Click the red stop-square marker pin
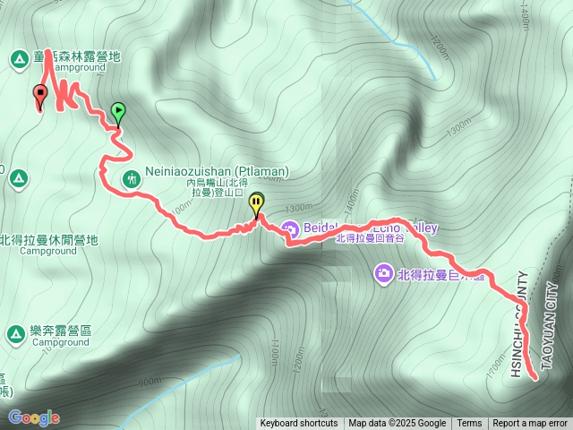pyautogui.click(x=39, y=94)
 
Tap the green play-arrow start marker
pyautogui.click(x=118, y=112)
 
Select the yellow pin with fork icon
pyautogui.click(x=257, y=203)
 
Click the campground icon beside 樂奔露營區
pyautogui.click(x=15, y=334)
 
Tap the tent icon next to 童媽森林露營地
pyautogui.click(x=18, y=60)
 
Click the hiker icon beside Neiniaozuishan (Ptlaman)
pyautogui.click(x=132, y=178)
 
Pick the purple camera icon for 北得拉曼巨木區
pyautogui.click(x=383, y=272)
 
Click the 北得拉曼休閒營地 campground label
pyautogui.click(x=48, y=240)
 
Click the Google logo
pyautogui.click(x=34, y=417)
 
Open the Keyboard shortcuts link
pyautogui.click(x=299, y=424)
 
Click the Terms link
pyautogui.click(x=469, y=424)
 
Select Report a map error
pyautogui.click(x=530, y=424)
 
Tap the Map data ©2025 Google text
pyautogui.click(x=398, y=424)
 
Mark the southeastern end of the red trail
pyautogui.click(x=535, y=378)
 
